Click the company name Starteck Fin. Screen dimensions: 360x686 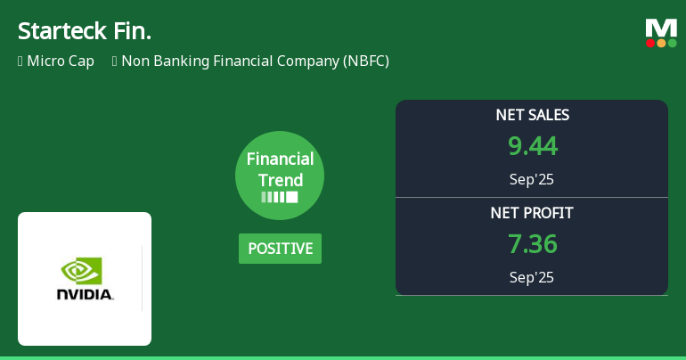(x=85, y=30)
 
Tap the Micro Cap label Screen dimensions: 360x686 (x=61, y=61)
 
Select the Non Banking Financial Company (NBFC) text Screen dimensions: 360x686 (x=255, y=61)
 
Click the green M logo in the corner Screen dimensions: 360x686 (x=661, y=28)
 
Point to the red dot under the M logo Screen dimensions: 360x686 (x=650, y=43)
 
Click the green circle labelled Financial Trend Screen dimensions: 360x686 (x=280, y=176)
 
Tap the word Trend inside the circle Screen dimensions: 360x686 (x=281, y=180)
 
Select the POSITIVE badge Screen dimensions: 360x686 (x=280, y=249)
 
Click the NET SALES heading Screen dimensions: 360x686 (x=532, y=115)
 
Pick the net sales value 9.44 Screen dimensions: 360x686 (x=532, y=146)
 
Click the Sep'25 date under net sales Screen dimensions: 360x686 (x=532, y=179)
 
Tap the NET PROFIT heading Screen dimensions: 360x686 (x=532, y=213)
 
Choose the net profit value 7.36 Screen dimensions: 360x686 (x=532, y=244)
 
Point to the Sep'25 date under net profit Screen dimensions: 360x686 (x=532, y=277)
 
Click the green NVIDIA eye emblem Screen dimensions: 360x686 (x=81, y=270)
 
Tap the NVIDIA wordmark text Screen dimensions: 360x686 (x=85, y=294)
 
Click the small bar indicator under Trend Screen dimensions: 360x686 (x=280, y=197)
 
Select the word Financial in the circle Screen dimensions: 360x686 (x=281, y=160)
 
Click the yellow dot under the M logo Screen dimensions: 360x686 (x=661, y=43)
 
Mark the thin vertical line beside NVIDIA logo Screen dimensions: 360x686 (x=142, y=279)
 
